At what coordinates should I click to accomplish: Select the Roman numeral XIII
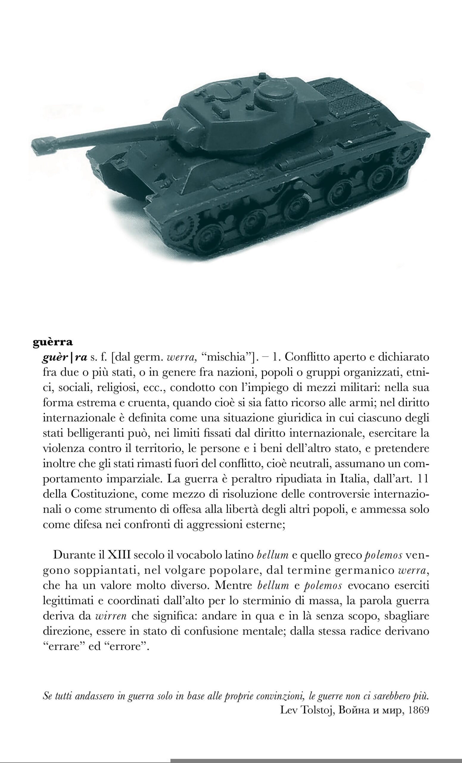point(120,555)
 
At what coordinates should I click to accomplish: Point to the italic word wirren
point(111,616)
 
